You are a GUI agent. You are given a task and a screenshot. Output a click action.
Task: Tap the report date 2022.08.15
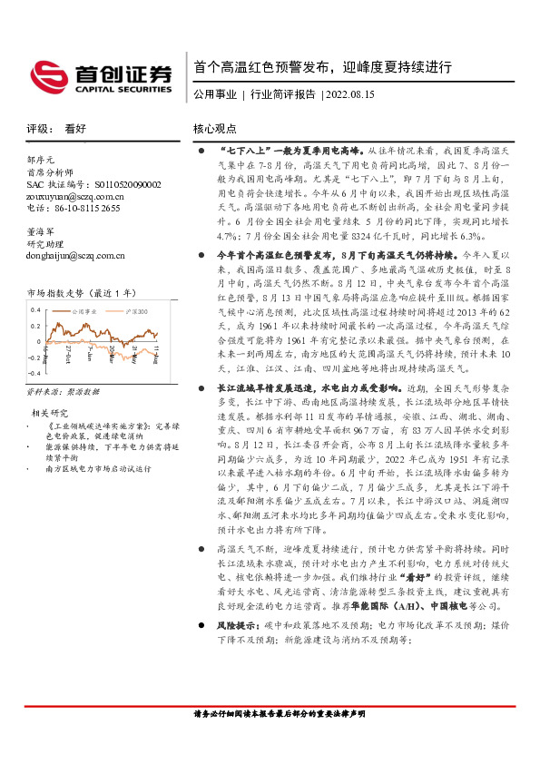[x=350, y=94]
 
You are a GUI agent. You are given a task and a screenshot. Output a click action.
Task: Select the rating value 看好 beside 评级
[x=74, y=128]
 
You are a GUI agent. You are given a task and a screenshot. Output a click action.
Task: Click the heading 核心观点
[x=215, y=128]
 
